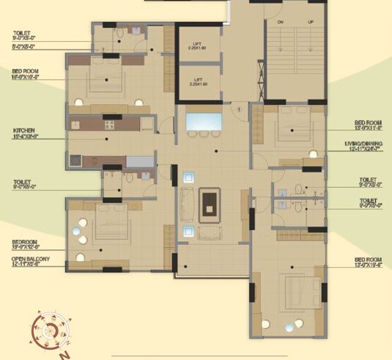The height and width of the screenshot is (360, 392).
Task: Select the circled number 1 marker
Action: click(x=239, y=110)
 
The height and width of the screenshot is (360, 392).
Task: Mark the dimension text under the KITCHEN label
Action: click(x=23, y=136)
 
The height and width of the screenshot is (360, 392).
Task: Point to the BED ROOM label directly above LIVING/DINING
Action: click(x=369, y=122)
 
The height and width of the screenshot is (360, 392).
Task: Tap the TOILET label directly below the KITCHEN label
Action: click(x=21, y=182)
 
